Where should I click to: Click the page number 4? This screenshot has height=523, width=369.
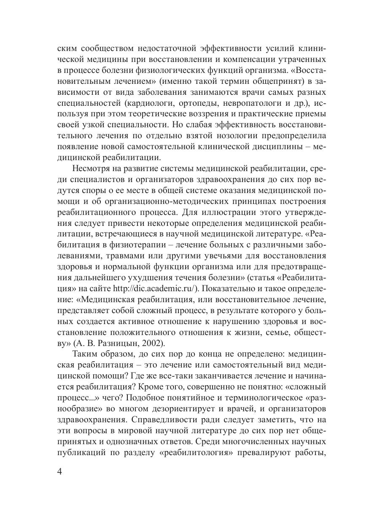coord(60,471)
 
